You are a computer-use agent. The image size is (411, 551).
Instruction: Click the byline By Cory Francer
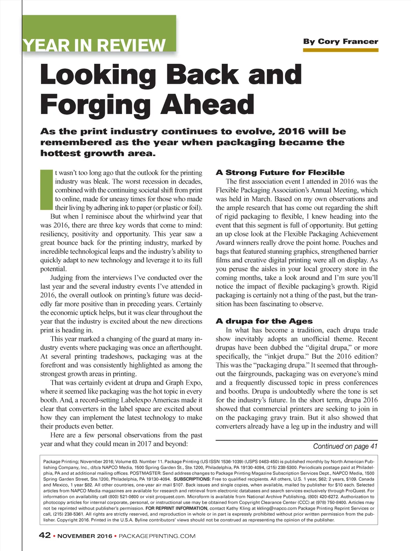[340, 41]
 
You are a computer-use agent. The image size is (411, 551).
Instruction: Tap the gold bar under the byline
[340, 50]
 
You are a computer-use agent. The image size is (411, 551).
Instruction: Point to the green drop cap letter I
[46, 190]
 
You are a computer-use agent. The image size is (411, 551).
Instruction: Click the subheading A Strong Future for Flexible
[280, 173]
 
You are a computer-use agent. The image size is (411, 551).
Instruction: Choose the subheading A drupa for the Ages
[264, 321]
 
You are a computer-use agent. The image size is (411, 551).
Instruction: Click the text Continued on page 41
[345, 446]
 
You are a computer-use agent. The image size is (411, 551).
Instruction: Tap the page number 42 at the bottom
[45, 535]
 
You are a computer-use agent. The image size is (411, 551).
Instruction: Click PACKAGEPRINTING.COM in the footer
[157, 536]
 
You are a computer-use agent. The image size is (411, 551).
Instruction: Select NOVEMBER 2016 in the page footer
[85, 536]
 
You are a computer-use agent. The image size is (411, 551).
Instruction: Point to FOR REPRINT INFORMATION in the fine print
[177, 508]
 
